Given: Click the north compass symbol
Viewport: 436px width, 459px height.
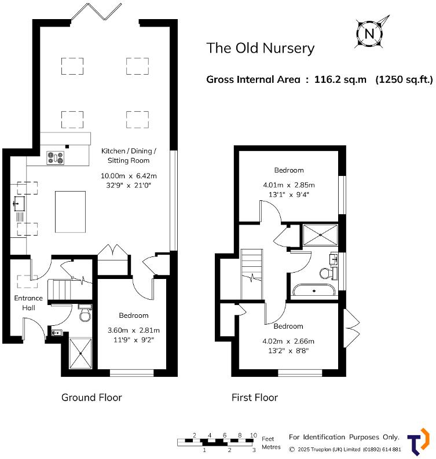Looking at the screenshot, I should pyautogui.click(x=369, y=33).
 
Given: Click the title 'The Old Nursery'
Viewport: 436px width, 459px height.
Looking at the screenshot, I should pyautogui.click(x=261, y=48).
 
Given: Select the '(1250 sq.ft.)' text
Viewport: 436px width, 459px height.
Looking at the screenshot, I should pyautogui.click(x=404, y=80).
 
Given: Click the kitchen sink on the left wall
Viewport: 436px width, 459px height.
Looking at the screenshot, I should pyautogui.click(x=19, y=203).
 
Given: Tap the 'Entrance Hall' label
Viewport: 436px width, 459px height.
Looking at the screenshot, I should pyautogui.click(x=28, y=303).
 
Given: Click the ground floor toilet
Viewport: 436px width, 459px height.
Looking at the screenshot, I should pyautogui.click(x=85, y=313).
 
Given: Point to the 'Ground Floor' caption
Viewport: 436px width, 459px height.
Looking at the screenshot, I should pyautogui.click(x=91, y=398).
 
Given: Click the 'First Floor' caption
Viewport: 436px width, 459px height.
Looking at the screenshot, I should pyautogui.click(x=254, y=398).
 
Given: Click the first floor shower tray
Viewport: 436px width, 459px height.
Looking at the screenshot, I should pyautogui.click(x=320, y=235).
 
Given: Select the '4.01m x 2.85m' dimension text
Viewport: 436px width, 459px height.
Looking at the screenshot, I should pyautogui.click(x=288, y=185).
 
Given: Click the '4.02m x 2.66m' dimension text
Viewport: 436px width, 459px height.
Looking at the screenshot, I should pyautogui.click(x=288, y=341).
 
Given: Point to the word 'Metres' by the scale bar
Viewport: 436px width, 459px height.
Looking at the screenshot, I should pyautogui.click(x=271, y=447).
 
